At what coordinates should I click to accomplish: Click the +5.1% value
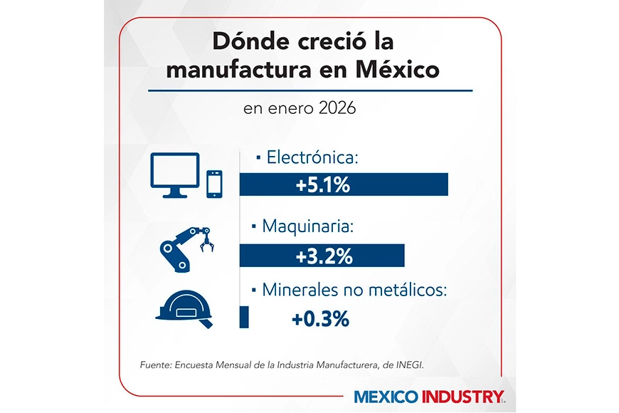[x=322, y=185]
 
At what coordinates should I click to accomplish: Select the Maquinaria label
[x=307, y=227]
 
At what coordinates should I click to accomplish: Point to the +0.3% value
[x=320, y=319]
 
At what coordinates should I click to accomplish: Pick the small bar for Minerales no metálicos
[x=244, y=317]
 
